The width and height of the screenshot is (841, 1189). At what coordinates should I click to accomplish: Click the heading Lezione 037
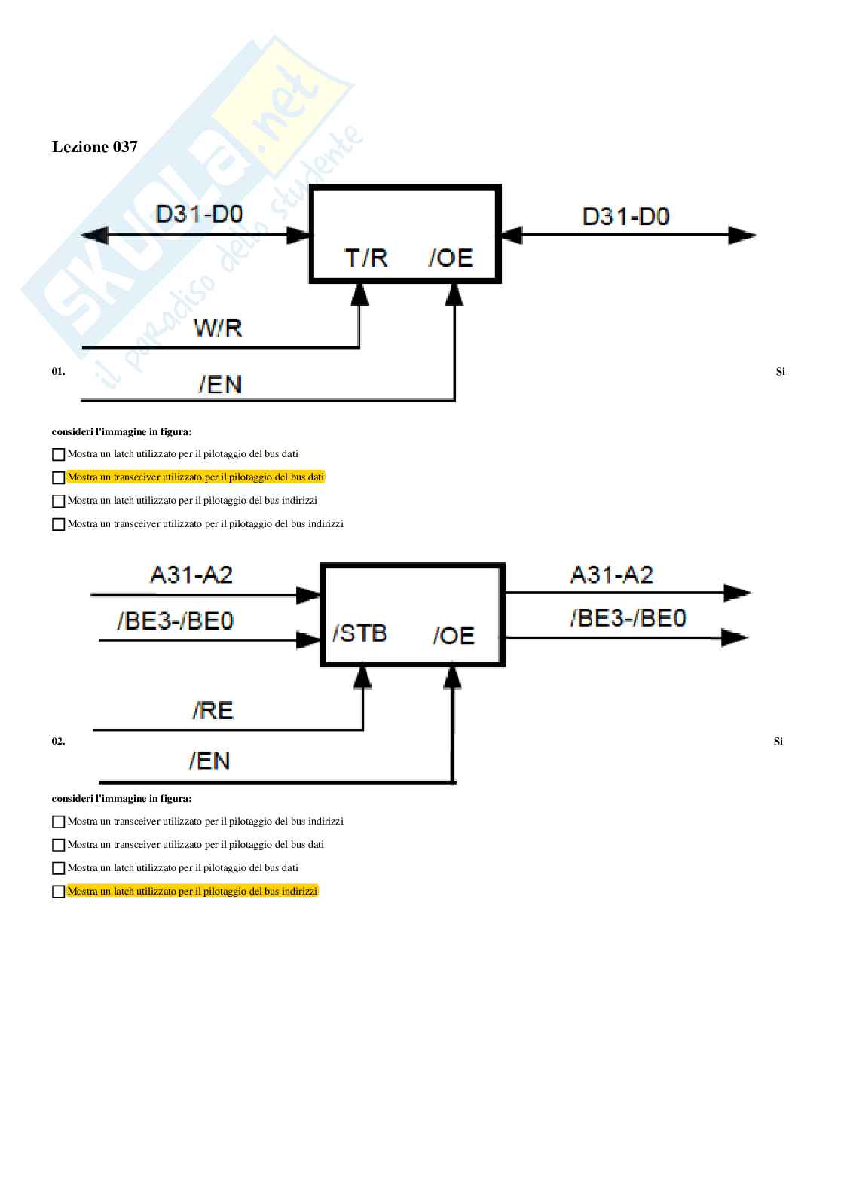94,147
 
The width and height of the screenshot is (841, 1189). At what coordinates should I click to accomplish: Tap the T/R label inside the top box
366,258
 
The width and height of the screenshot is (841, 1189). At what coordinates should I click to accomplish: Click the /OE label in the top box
451,258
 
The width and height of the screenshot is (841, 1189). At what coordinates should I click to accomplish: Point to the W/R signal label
218,328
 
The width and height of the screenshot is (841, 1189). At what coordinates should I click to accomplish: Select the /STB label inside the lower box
359,633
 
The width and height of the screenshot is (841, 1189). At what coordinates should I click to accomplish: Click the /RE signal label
213,710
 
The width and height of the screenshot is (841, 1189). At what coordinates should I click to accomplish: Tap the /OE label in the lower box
454,636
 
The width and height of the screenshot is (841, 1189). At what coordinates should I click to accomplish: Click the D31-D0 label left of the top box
199,214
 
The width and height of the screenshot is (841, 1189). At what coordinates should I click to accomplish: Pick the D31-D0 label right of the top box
625,217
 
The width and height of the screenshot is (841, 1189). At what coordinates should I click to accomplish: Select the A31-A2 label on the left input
191,575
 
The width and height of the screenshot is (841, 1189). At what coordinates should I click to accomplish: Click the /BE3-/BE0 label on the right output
628,618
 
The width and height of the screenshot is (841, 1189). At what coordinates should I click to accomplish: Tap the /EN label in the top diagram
220,385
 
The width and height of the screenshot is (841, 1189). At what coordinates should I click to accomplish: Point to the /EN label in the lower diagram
209,761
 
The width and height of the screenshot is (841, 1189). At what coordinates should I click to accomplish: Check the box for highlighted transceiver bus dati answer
58,477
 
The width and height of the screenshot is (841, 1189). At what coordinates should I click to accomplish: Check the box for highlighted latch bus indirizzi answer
58,892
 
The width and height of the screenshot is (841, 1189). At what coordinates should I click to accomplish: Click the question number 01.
58,371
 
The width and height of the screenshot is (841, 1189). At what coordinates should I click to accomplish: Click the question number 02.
58,741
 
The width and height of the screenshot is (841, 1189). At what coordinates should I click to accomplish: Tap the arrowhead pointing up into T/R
360,294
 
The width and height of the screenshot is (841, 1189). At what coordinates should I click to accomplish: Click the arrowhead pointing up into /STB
363,677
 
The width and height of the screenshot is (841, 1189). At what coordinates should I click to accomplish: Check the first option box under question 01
58,454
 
